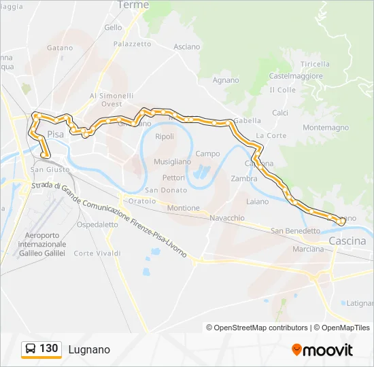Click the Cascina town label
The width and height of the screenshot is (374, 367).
347,241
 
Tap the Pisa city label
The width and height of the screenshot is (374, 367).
55,135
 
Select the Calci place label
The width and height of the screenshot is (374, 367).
280,113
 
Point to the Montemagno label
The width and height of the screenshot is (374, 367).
326,128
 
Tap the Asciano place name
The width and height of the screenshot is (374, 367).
187,47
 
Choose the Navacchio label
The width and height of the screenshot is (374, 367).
227,218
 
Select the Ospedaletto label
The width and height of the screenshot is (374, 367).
97,224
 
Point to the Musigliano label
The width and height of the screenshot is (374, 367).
172,162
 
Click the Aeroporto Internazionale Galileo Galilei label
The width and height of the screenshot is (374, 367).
42,244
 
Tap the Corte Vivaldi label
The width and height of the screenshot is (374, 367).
97,254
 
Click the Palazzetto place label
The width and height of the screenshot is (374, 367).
132,43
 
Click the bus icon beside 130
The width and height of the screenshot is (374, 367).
31,349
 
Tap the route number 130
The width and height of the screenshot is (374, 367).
49,349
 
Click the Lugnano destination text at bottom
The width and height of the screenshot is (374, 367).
89,349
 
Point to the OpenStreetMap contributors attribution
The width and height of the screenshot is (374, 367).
261,328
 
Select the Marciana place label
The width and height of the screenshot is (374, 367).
308,249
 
